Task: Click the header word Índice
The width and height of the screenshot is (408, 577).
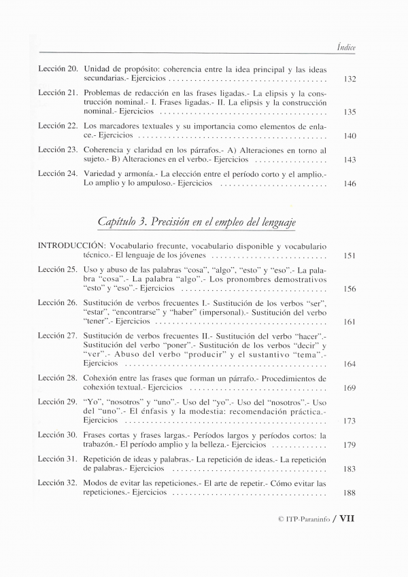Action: point(347,47)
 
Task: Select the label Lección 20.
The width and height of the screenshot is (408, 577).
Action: point(57,69)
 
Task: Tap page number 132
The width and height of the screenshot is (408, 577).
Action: point(350,80)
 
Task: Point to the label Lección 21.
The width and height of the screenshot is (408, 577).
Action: point(57,92)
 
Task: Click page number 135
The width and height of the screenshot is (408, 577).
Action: point(350,112)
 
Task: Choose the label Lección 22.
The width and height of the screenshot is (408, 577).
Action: point(57,126)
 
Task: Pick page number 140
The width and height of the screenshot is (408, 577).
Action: point(350,136)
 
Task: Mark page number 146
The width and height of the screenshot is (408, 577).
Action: point(350,183)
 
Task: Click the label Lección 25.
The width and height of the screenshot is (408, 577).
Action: point(57,269)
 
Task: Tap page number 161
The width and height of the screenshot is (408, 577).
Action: point(350,321)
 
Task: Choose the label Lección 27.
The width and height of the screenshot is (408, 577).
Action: point(57,335)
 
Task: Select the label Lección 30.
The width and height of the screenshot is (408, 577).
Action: point(57,435)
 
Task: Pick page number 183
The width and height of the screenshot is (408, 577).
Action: point(350,469)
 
